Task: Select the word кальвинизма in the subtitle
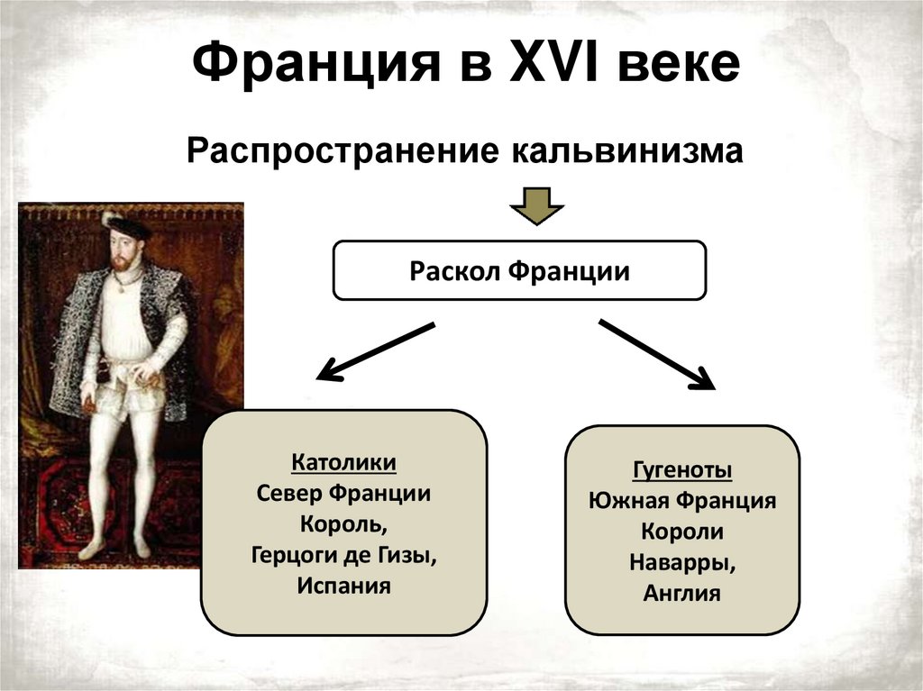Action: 628,150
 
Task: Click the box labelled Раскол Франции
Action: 519,270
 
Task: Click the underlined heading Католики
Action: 343,463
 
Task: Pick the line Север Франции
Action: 343,494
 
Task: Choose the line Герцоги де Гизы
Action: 343,555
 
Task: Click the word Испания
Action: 343,586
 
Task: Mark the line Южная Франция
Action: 681,501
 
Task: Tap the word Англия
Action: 681,593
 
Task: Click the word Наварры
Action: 681,563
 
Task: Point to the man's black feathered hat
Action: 125,225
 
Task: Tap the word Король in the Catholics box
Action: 343,524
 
